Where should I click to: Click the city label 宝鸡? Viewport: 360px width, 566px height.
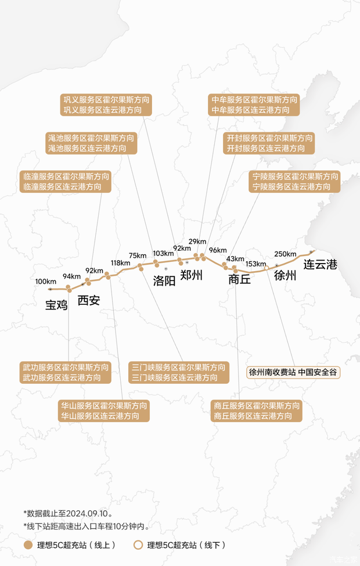click(57, 304)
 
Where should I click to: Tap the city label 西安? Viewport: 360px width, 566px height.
click(89, 300)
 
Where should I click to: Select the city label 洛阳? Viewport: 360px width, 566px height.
click(164, 281)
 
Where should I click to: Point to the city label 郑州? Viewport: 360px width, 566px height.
click(192, 275)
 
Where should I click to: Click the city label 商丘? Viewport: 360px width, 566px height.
click(239, 279)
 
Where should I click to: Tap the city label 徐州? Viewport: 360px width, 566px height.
click(285, 275)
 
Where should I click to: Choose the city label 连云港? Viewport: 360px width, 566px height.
click(321, 265)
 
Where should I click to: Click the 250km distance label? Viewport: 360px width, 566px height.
click(285, 254)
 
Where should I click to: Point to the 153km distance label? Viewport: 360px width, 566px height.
click(255, 264)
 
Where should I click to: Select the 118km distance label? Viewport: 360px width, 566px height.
click(120, 263)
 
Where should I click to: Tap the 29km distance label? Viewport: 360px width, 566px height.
click(197, 241)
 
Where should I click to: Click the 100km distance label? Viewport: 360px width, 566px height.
click(46, 282)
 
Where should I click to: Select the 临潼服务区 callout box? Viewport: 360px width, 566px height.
click(66, 182)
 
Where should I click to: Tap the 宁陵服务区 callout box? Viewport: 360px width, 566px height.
click(295, 182)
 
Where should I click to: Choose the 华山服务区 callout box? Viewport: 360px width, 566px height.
click(104, 410)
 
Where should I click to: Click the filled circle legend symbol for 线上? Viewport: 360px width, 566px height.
click(28, 546)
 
